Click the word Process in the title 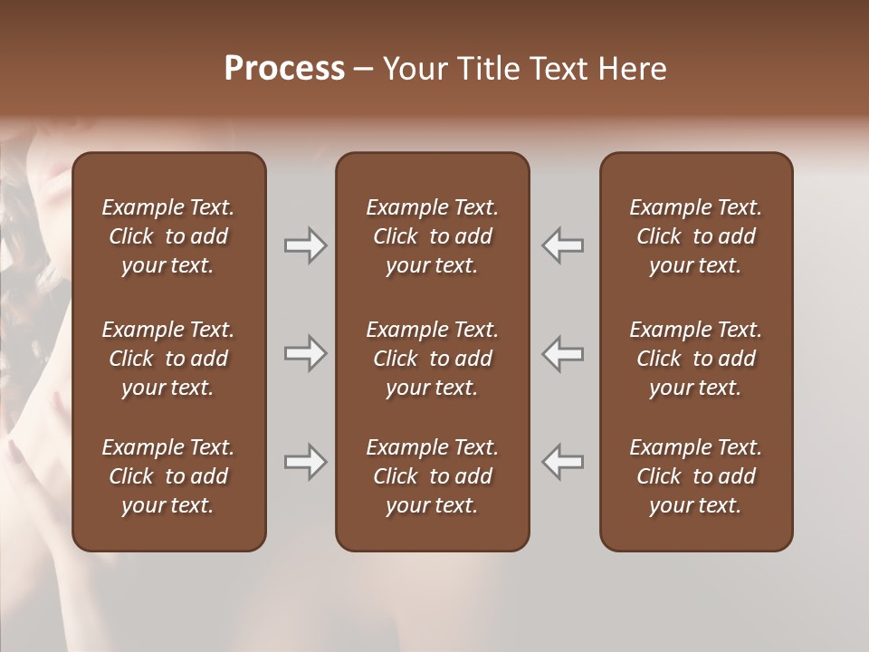tap(284, 69)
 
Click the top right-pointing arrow tap(306, 244)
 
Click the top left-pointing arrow tap(563, 244)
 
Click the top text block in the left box tap(168, 236)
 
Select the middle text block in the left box tap(168, 359)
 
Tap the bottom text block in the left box tap(168, 476)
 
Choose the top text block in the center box tap(432, 236)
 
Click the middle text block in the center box tap(432, 359)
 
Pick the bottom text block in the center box tap(432, 476)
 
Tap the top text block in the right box tap(695, 236)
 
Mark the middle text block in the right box tap(695, 359)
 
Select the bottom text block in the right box tap(695, 476)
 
